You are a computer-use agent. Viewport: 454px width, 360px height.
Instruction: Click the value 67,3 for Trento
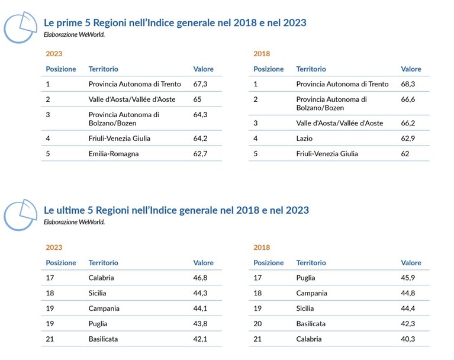pos(200,84)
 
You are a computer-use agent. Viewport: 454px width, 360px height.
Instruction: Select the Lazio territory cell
pos(304,139)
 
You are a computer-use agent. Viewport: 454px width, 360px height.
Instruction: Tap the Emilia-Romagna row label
pos(114,154)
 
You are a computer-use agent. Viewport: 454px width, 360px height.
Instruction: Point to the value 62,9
pos(408,139)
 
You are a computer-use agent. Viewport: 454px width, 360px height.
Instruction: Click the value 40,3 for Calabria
pos(408,339)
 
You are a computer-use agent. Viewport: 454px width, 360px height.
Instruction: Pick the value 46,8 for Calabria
pos(200,278)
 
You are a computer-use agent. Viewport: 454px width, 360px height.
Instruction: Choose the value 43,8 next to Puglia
pos(200,324)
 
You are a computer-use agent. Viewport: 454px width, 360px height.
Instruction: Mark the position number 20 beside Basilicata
pos(257,324)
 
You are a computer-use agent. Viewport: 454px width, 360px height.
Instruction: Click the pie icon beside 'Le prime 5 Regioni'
pos(20,27)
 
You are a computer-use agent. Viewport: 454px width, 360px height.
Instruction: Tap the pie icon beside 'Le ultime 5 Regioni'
pos(20,215)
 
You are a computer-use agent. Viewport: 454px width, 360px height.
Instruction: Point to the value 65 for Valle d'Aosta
pos(197,99)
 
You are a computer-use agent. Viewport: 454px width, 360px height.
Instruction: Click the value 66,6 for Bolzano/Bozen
pos(408,99)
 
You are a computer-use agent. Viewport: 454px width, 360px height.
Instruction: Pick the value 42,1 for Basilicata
pos(200,339)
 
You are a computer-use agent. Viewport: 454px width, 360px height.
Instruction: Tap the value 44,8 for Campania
pos(408,293)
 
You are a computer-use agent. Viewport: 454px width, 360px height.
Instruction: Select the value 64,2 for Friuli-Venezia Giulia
pos(200,139)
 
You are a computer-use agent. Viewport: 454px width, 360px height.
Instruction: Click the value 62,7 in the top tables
pos(200,154)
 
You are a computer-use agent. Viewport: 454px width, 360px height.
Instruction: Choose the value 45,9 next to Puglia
pos(408,278)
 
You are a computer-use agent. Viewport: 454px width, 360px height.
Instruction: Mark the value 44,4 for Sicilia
pos(408,308)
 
